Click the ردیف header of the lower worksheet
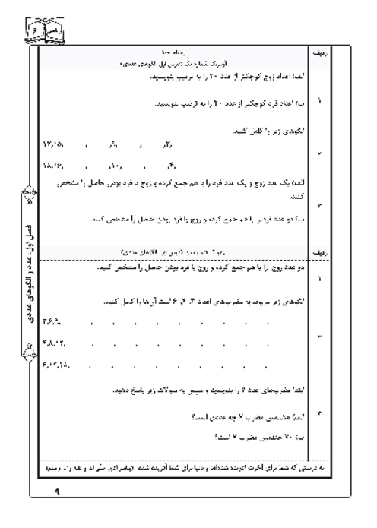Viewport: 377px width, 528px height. [x=318, y=248]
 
